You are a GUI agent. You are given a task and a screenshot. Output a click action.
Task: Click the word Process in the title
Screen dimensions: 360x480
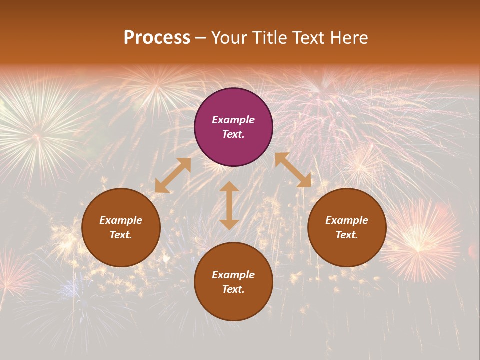(157, 38)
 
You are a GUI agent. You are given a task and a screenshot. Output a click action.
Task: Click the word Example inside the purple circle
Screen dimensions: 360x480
(233, 120)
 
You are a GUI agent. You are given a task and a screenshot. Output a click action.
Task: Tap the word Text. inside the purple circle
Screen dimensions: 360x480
(233, 134)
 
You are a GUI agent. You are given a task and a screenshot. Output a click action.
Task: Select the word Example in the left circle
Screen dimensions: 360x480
(121, 220)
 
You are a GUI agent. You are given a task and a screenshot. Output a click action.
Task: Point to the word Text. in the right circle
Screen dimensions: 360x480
(347, 235)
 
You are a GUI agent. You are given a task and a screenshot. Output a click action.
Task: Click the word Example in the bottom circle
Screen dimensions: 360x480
(233, 275)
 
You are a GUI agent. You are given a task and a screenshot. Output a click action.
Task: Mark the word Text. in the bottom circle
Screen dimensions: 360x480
(233, 289)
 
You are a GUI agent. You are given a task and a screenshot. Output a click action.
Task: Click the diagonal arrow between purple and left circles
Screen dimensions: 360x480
(173, 175)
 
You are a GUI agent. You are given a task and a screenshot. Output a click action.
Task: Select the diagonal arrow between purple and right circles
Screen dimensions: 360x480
(293, 170)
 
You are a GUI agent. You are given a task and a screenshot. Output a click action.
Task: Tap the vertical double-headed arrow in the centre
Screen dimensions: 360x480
(229, 205)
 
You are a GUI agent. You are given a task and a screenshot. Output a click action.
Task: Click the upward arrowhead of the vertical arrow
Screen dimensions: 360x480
(229, 186)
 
